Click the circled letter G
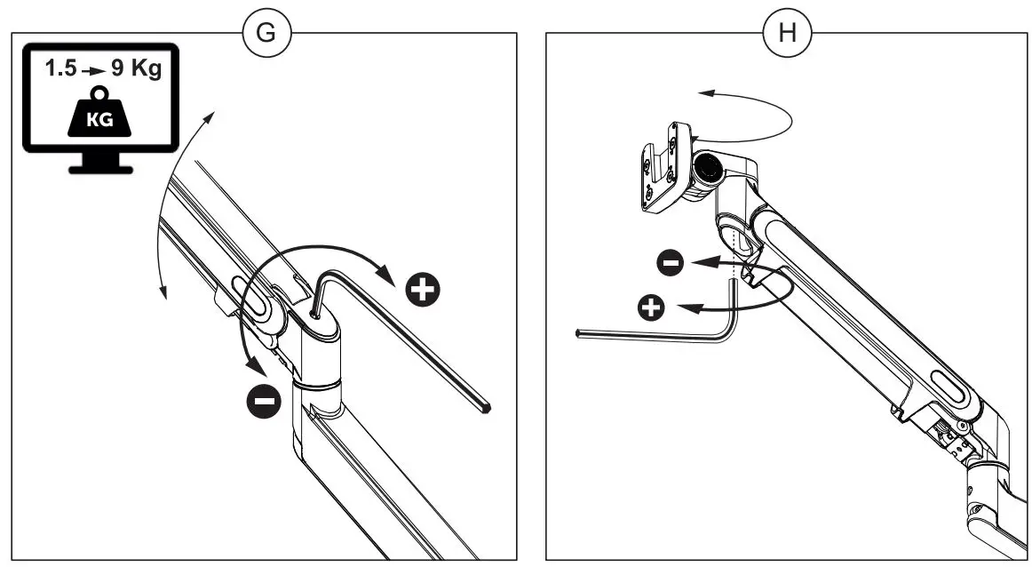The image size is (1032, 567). click(266, 34)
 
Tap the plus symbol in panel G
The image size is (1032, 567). click(423, 290)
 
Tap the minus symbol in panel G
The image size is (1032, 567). click(264, 402)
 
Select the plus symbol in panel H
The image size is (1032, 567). click(653, 308)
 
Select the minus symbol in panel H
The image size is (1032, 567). click(671, 263)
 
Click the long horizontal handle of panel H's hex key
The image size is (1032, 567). click(648, 335)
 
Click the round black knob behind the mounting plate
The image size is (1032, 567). click(708, 166)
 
